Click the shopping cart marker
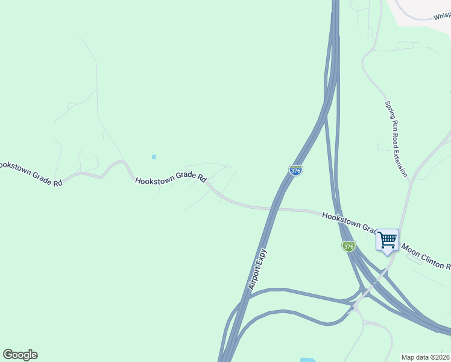[x=387, y=240]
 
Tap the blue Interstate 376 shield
[x=295, y=170]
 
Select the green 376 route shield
[x=348, y=246]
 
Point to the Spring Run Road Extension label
[x=396, y=138]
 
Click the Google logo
[x=20, y=355]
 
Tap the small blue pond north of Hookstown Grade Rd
[x=154, y=157]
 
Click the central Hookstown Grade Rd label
[x=171, y=179]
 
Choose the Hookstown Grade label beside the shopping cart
[x=348, y=222]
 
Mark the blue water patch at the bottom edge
[x=307, y=360]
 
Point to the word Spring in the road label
[x=389, y=109]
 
